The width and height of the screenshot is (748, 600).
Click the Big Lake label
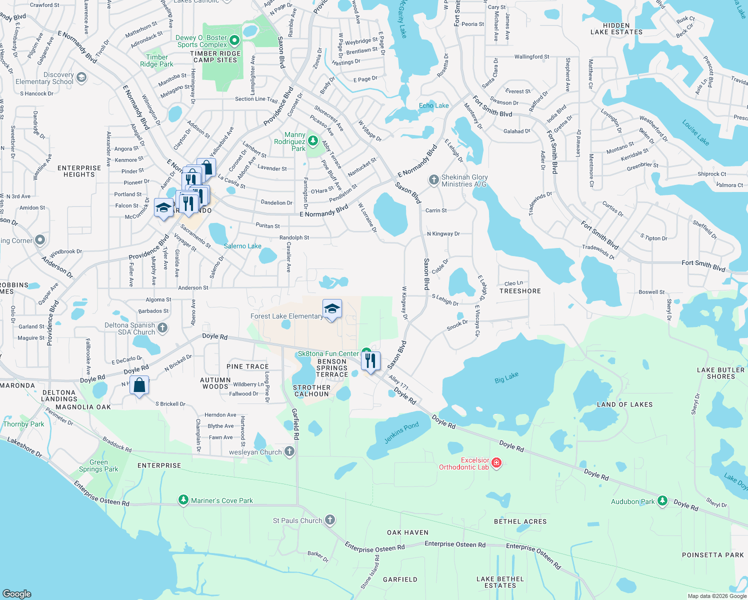coord(506,377)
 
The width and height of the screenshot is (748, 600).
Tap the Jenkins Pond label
coord(401,432)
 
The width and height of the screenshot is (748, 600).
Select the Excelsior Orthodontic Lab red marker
coord(496,463)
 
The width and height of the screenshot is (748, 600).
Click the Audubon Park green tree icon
coord(662,500)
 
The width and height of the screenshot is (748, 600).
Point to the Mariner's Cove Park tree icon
coord(183,500)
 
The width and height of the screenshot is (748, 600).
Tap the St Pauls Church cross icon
coord(330,520)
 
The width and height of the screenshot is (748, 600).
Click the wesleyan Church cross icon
coord(289,451)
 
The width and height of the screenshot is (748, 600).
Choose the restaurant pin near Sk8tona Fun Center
coord(370,361)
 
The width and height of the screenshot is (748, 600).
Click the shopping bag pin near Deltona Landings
coord(139,386)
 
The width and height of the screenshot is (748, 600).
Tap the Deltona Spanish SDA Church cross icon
coord(162,328)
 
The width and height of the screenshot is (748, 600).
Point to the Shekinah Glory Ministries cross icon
coord(433,180)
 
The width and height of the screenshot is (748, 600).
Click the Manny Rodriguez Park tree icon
coord(313,141)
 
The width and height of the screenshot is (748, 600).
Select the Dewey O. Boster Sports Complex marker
coord(234,40)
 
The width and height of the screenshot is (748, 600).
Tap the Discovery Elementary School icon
coord(81,77)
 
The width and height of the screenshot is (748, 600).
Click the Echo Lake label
coord(433,105)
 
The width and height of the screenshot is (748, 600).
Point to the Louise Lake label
coord(695,132)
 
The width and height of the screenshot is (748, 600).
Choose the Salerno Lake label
coord(242,246)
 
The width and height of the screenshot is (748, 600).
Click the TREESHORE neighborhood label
coord(520,291)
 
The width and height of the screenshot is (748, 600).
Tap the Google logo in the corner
coord(17,593)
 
